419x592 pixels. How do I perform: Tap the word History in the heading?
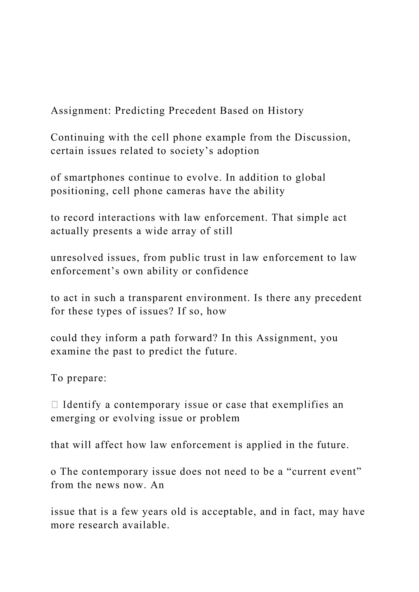tap(286, 111)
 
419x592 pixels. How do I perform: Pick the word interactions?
tap(126, 218)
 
